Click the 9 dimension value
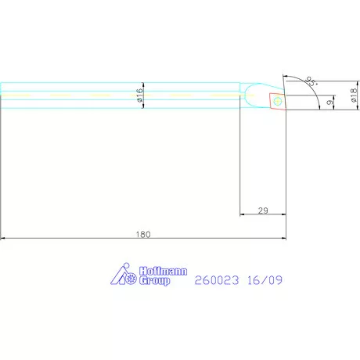point(329,102)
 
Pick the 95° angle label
point(311,81)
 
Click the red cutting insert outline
point(277,101)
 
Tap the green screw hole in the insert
point(277,100)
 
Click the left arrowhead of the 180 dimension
point(4,239)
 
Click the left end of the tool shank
point(3,95)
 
